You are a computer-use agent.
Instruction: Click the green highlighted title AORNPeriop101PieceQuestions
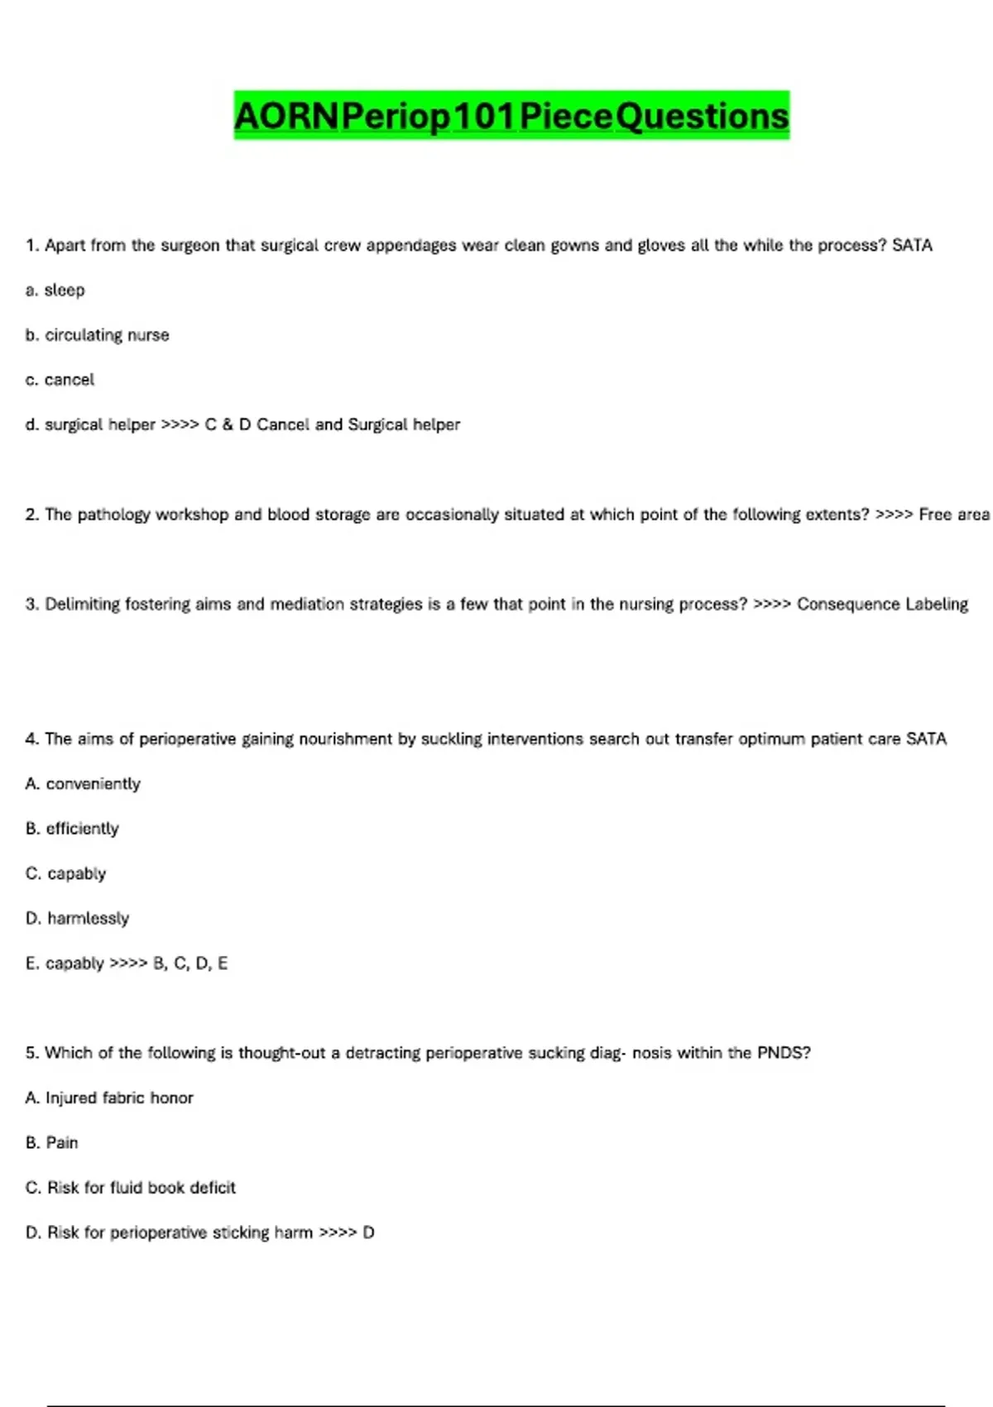click(x=511, y=116)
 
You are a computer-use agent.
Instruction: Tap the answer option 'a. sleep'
click(x=55, y=290)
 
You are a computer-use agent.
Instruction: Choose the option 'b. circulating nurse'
click(x=98, y=334)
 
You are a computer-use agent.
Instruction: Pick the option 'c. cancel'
click(x=60, y=379)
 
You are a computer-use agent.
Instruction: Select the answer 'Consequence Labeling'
click(x=882, y=604)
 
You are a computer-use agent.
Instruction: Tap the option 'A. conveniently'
click(x=83, y=783)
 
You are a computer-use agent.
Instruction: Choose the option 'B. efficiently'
click(x=72, y=828)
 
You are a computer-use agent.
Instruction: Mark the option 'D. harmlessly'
click(x=77, y=918)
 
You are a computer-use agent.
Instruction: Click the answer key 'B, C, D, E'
click(x=190, y=963)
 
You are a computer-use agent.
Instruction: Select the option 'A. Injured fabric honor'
click(x=109, y=1097)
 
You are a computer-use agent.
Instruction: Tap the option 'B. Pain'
click(x=52, y=1142)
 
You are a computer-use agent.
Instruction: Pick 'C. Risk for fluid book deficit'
click(x=131, y=1187)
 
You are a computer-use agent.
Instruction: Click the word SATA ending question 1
click(x=912, y=245)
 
